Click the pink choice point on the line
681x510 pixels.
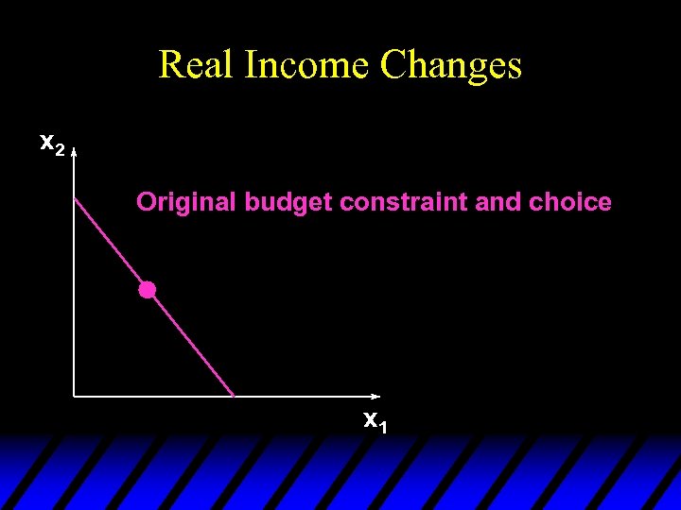(147, 290)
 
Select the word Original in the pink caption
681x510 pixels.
(186, 202)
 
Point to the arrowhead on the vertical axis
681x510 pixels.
(74, 149)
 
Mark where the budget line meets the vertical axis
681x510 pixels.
(74, 196)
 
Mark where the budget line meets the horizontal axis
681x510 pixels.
(234, 396)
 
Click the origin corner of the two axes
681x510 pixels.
(74, 396)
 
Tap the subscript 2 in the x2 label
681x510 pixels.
(60, 148)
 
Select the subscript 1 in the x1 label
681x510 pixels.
(382, 426)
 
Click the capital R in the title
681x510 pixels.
(171, 65)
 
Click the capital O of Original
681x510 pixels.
(146, 202)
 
